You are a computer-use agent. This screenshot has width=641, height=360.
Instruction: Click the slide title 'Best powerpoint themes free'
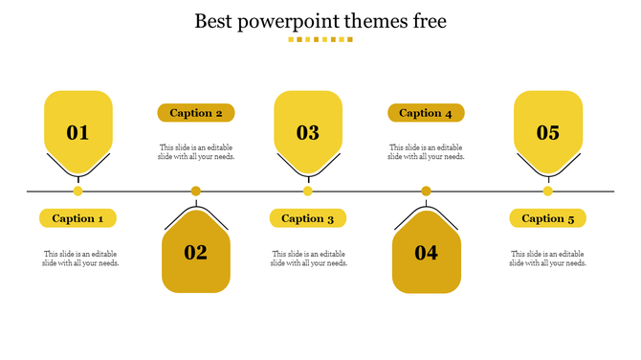[320, 20]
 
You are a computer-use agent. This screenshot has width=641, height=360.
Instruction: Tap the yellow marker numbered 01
[78, 129]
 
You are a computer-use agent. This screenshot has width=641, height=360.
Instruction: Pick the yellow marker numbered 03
[308, 129]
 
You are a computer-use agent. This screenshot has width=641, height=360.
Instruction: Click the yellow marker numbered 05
[548, 129]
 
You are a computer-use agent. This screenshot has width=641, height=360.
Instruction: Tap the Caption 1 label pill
[78, 218]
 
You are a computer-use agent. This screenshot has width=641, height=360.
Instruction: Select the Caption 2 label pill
[196, 113]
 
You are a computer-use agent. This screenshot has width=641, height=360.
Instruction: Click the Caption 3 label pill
[308, 218]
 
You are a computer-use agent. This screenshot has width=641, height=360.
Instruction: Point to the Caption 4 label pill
[426, 113]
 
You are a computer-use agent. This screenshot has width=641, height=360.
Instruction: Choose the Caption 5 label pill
[548, 218]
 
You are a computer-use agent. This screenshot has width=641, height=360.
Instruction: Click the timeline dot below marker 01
[78, 191]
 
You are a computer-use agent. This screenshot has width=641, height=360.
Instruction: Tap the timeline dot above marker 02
[196, 191]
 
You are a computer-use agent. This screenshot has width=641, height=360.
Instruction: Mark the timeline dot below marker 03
[308, 191]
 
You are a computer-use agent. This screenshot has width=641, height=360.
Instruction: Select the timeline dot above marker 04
[426, 191]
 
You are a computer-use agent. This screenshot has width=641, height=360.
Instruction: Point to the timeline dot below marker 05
[548, 191]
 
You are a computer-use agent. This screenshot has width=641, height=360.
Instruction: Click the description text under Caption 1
[81, 259]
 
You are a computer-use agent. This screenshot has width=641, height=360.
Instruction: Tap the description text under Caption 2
[197, 152]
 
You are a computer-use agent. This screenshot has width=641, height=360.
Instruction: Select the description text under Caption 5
[548, 259]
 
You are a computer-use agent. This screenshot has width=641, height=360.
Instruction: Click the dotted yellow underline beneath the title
[320, 40]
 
